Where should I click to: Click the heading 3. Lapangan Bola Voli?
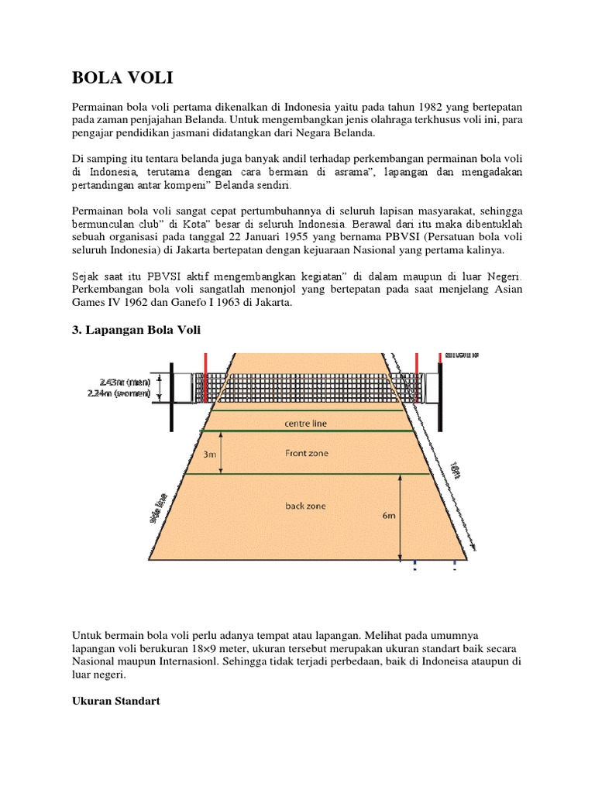(x=136, y=331)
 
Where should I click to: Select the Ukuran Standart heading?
(x=115, y=700)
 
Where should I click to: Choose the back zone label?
(x=304, y=506)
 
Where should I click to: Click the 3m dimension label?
(x=209, y=455)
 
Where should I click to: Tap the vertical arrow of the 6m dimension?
(x=401, y=517)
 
